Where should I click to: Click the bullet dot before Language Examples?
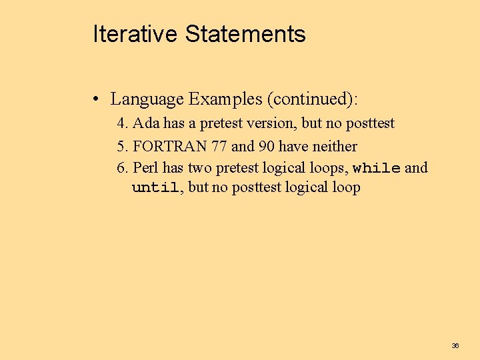(97, 100)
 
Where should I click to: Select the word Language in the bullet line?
(147, 100)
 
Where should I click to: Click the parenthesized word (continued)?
(312, 100)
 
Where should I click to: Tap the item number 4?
(122, 123)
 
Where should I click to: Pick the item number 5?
(122, 146)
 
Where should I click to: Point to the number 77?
(219, 146)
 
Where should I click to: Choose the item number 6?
(122, 168)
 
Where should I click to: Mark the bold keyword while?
(376, 168)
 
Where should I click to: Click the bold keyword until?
(155, 188)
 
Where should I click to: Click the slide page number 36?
(455, 345)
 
